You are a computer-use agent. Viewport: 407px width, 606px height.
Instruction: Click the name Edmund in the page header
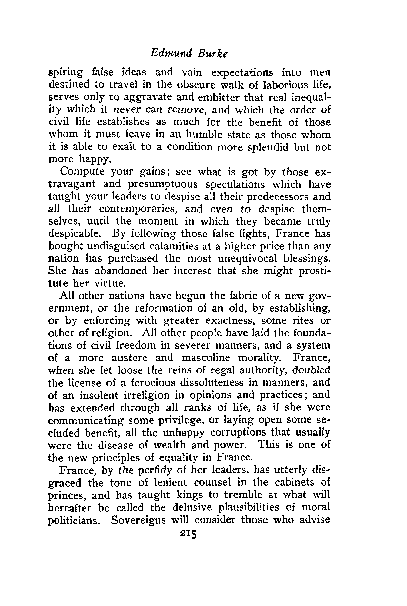(x=171, y=53)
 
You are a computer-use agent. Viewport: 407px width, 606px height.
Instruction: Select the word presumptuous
(x=162, y=185)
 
